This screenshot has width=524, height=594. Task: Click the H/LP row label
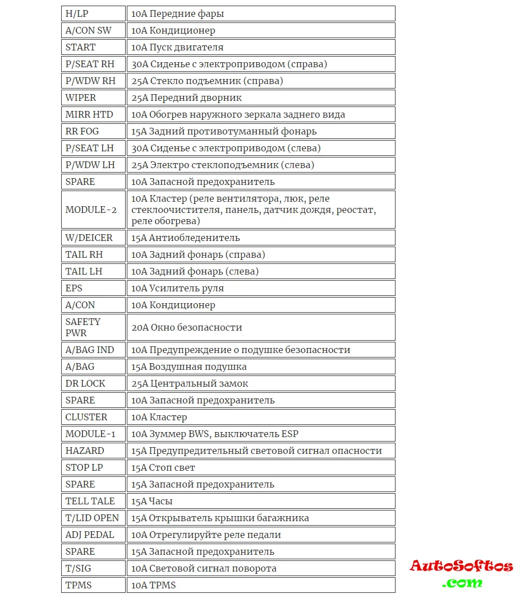click(x=77, y=13)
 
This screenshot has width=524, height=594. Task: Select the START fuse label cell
click(x=81, y=47)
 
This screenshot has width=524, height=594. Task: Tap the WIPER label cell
click(x=81, y=98)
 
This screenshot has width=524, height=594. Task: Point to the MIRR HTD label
click(x=89, y=114)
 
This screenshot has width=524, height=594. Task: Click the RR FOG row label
click(x=82, y=131)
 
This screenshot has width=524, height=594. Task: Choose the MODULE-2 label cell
click(x=91, y=210)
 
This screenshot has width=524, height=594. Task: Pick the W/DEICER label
click(x=89, y=238)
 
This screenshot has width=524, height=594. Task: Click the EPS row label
click(x=74, y=288)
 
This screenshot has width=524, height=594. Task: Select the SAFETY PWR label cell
click(x=83, y=327)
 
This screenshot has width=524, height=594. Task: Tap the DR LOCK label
click(x=85, y=383)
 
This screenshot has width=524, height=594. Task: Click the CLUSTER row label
click(x=86, y=417)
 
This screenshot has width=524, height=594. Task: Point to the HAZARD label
click(x=85, y=451)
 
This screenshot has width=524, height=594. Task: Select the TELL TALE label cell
click(x=90, y=501)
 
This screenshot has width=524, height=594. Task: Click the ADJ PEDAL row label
click(x=90, y=535)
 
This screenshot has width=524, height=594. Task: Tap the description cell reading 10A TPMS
click(x=154, y=585)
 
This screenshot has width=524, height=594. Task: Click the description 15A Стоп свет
click(x=163, y=467)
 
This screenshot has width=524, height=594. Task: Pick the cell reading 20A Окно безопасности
click(x=187, y=327)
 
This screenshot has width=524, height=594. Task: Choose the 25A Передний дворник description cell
click(x=187, y=98)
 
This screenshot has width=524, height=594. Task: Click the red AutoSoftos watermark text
click(x=461, y=566)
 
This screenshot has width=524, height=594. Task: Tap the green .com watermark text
click(x=462, y=583)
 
